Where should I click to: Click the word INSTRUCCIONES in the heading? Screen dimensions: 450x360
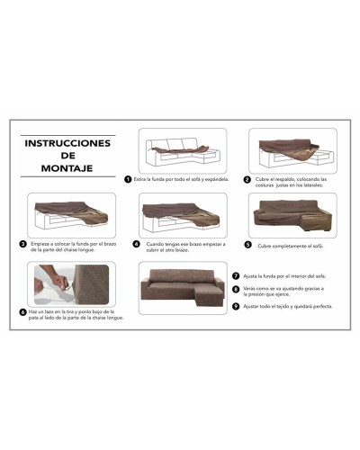(67, 142)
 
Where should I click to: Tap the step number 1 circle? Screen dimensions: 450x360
(129, 178)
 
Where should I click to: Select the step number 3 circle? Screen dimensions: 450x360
(23, 243)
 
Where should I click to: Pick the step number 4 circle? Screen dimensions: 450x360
(136, 243)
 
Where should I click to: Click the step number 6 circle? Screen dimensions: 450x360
(22, 312)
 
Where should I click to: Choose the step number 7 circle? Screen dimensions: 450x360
(235, 275)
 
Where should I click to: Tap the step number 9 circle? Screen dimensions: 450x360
(235, 305)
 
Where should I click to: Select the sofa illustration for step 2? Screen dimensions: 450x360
(292, 149)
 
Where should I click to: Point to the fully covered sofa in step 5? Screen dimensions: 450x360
(293, 215)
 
